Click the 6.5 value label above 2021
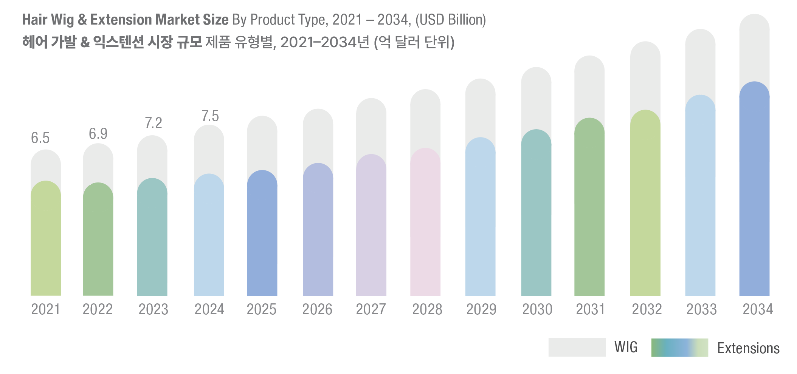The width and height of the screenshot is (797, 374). [40, 138]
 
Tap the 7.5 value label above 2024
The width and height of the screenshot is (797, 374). [210, 116]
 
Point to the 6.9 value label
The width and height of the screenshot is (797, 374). [98, 134]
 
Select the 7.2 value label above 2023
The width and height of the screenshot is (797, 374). [153, 123]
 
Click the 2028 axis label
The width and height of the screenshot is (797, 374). [427, 309]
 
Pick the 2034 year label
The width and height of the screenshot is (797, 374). [758, 309]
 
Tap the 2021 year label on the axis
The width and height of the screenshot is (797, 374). [45, 309]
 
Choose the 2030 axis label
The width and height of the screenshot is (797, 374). [537, 309]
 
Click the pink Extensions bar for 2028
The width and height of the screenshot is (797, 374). [425, 227]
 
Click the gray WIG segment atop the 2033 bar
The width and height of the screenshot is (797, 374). [700, 60]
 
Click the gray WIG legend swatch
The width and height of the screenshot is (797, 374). [577, 347]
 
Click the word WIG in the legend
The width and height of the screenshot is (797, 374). [626, 347]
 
